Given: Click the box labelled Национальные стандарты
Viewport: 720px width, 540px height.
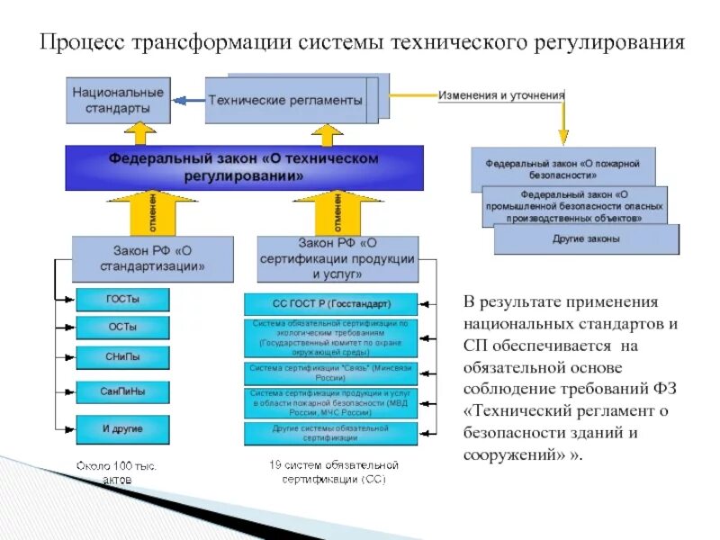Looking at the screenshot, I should pos(118,100).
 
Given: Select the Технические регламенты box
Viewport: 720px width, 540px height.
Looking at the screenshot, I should pos(285,100).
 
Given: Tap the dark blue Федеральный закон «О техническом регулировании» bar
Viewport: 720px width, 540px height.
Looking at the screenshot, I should pos(244,167).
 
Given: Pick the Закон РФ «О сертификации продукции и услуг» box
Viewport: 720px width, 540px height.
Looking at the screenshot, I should pos(337,258).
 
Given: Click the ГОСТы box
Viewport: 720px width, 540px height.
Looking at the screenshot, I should pos(122,299).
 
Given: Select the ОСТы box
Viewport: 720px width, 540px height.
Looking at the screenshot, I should pos(122,328).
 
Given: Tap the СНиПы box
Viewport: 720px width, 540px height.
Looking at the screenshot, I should pos(122,357).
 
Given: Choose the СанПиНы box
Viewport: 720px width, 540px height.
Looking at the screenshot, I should pos(122,392).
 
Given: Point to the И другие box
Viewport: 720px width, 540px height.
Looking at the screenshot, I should pos(122,428).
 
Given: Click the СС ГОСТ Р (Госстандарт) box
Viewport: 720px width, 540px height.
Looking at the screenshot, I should pos(330,304).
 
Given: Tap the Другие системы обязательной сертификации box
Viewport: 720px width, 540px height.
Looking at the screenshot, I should pos(330,433).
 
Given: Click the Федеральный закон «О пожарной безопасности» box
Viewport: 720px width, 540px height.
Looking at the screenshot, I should pos(562,170).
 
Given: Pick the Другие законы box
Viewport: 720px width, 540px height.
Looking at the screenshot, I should pos(586,238).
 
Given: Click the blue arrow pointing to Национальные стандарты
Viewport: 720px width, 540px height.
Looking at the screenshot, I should pos(187,101).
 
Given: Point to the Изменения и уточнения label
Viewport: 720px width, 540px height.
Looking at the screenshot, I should pos(501,95).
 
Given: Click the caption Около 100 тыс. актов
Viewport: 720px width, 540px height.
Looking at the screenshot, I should pos(116,472).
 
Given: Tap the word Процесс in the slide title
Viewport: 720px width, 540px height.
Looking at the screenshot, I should pos(81,43).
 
